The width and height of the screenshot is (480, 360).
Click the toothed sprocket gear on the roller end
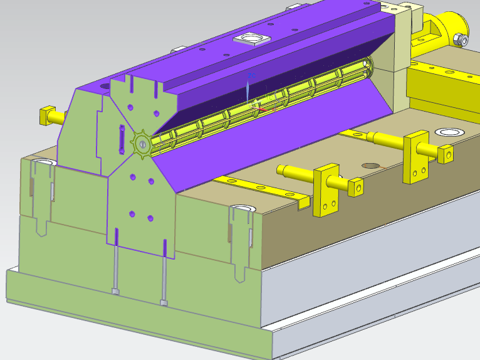click(x=142, y=145)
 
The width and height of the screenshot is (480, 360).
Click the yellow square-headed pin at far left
click(x=46, y=116)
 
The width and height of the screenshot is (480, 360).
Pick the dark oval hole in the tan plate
click(x=371, y=166)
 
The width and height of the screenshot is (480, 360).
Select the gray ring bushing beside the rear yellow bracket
click(x=449, y=132)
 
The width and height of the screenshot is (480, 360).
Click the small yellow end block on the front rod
click(x=356, y=186)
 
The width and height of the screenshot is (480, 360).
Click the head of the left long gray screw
click(x=115, y=291)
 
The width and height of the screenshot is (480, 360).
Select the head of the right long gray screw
click(x=164, y=303)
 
